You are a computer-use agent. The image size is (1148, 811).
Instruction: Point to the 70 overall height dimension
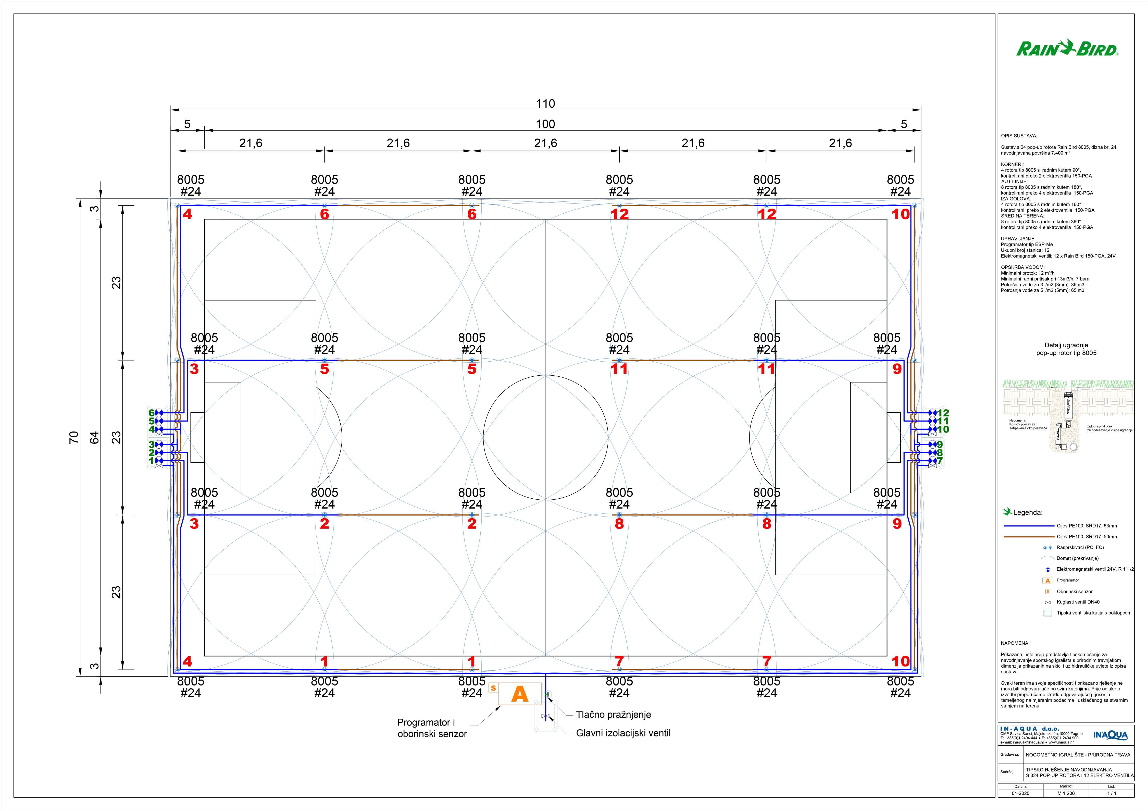pyautogui.click(x=73, y=437)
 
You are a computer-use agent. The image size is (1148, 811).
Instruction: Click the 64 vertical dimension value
pyautogui.click(x=94, y=437)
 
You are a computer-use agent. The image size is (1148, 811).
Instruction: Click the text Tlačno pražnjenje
pyautogui.click(x=614, y=715)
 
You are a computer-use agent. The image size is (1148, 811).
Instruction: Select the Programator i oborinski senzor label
pyautogui.click(x=432, y=728)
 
